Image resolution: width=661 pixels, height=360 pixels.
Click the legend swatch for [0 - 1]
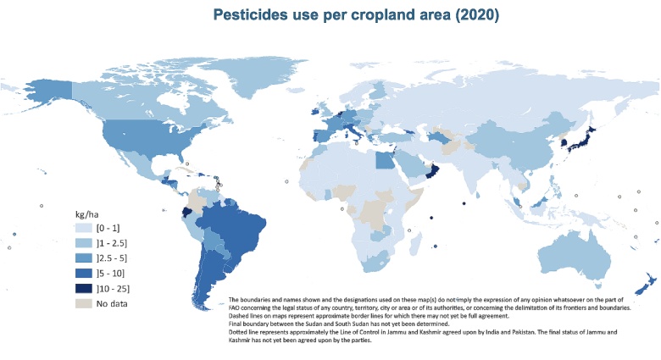click(x=82, y=229)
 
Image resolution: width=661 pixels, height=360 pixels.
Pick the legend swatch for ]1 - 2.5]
click(x=82, y=243)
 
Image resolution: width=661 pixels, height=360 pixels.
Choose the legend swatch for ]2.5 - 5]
click(x=82, y=258)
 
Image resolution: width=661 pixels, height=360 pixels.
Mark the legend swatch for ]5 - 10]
click(x=82, y=273)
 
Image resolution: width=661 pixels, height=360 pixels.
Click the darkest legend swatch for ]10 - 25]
click(x=82, y=288)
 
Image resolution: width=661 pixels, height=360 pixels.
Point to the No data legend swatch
click(x=82, y=302)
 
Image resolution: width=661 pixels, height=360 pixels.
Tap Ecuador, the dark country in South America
click(x=186, y=213)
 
